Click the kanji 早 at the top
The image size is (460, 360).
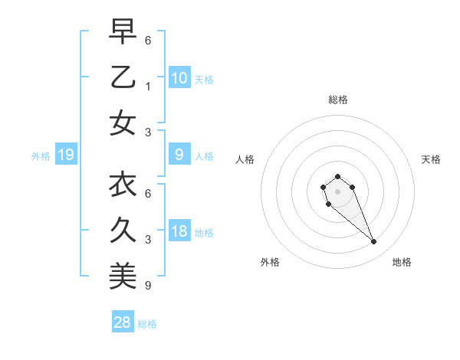pyautogui.click(x=123, y=31)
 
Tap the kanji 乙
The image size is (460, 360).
pyautogui.click(x=123, y=77)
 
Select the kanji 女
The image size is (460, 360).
pyautogui.click(x=123, y=123)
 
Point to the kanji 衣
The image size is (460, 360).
pyautogui.click(x=123, y=185)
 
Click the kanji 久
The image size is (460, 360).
pyautogui.click(x=123, y=231)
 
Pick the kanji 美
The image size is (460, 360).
pyautogui.click(x=123, y=277)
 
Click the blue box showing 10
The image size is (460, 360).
pyautogui.click(x=179, y=78)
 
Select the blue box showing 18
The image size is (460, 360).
pyautogui.click(x=179, y=232)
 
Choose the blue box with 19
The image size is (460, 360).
pyautogui.click(x=66, y=155)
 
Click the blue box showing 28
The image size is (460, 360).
pyautogui.click(x=123, y=323)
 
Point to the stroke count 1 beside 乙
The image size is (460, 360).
pyautogui.click(x=147, y=86)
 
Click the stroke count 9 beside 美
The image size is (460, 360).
pyautogui.click(x=147, y=286)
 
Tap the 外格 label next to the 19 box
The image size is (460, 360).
pyautogui.click(x=41, y=156)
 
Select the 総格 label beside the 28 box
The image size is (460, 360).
pyautogui.click(x=147, y=324)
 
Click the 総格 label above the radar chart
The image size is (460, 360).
pyautogui.click(x=337, y=100)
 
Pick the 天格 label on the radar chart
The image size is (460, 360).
pyautogui.click(x=431, y=159)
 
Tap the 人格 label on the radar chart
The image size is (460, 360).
pyautogui.click(x=245, y=159)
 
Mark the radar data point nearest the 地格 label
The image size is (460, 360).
pyautogui.click(x=374, y=242)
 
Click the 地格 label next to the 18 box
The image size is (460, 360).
pyautogui.click(x=204, y=233)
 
